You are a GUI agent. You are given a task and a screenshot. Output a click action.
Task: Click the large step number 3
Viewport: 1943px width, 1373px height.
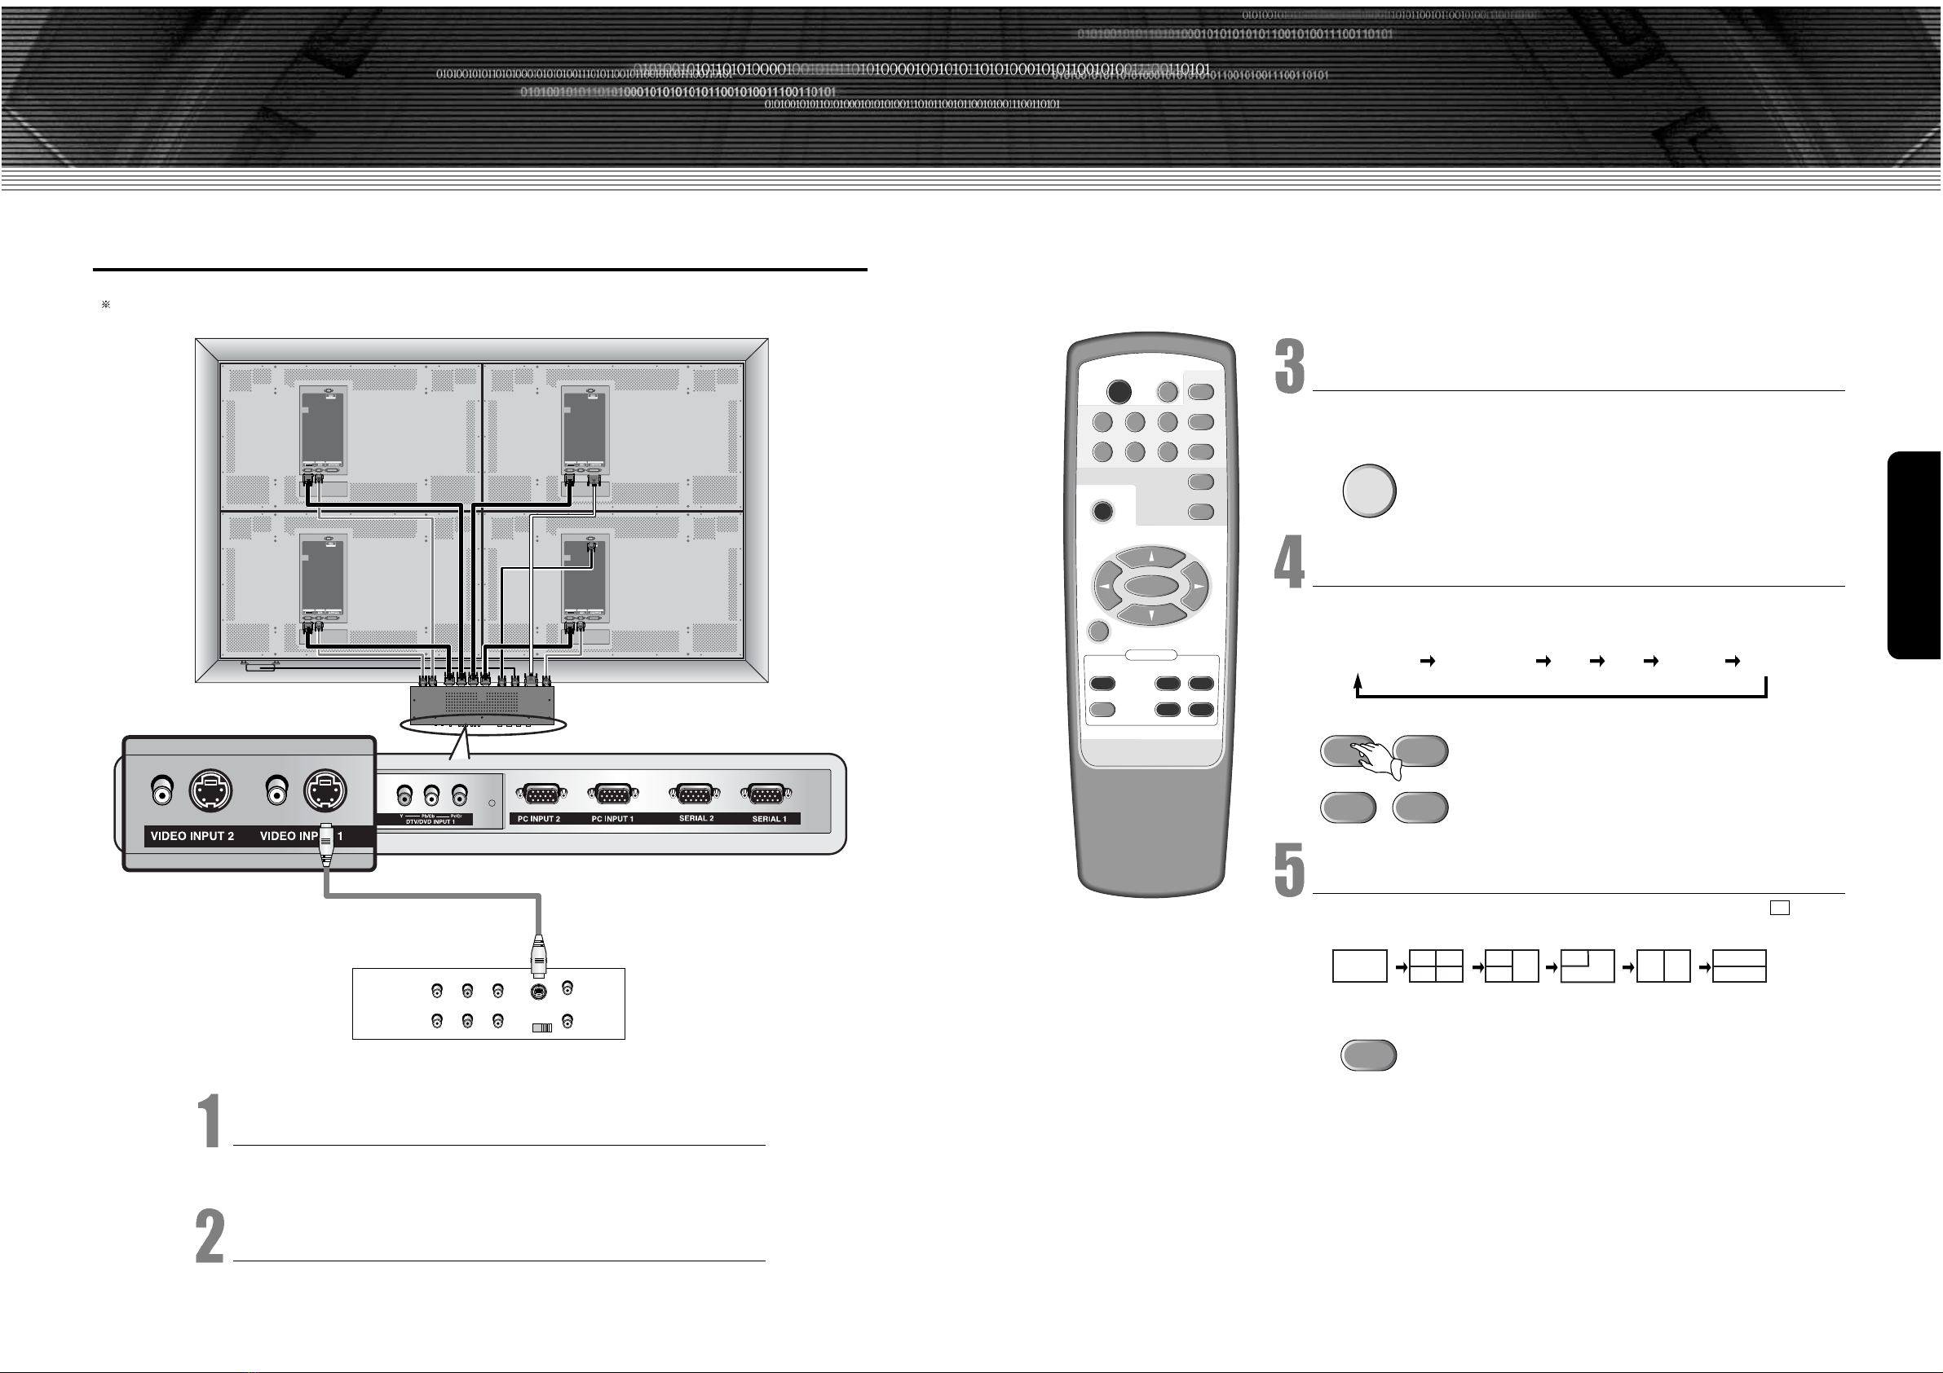click(1290, 367)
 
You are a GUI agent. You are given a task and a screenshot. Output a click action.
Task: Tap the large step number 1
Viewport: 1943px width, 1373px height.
click(210, 1121)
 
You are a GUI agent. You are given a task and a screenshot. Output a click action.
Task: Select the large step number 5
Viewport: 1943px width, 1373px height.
click(1290, 869)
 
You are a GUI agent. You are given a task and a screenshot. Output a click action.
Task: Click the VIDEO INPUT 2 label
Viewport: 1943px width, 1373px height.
click(192, 836)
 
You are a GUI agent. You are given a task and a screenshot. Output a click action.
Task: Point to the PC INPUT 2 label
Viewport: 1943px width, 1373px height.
click(539, 819)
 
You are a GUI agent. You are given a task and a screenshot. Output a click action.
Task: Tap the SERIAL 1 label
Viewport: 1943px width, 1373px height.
click(769, 819)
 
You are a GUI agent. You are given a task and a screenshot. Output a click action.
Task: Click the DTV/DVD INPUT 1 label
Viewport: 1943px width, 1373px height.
click(430, 821)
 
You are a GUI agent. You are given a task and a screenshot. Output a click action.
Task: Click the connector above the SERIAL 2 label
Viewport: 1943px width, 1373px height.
click(695, 794)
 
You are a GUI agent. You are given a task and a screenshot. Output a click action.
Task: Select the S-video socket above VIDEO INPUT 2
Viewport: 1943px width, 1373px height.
click(210, 792)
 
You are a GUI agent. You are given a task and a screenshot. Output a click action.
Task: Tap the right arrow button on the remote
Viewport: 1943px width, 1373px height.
click(1198, 585)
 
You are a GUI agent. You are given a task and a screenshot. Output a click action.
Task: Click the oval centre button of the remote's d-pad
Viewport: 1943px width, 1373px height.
click(1151, 586)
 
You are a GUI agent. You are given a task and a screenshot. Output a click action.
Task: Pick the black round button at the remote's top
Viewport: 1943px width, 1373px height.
click(1119, 392)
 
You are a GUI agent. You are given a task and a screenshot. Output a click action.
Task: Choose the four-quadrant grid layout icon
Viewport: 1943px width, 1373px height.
click(1436, 966)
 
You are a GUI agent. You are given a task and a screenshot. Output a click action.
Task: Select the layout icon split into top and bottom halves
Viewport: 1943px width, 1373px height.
click(1739, 966)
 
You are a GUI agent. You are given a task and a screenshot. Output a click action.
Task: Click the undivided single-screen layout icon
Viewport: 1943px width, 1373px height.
click(1359, 966)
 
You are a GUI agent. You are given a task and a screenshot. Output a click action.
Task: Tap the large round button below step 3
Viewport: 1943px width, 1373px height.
click(1368, 491)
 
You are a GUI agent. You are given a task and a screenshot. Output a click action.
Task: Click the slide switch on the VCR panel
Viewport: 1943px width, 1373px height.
click(541, 1028)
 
